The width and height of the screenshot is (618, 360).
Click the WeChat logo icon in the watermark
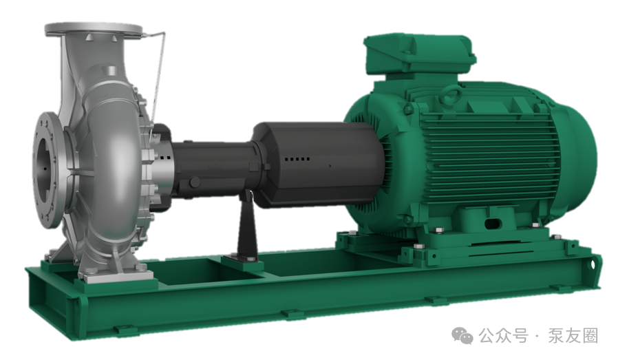click(462, 335)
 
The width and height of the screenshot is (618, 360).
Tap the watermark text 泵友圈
click(573, 336)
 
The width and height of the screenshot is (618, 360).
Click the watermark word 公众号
click(503, 336)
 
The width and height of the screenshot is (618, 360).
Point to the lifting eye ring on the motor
click(452, 94)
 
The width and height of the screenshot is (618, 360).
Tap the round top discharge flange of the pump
click(94, 29)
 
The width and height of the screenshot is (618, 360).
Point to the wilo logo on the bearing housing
click(215, 167)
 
